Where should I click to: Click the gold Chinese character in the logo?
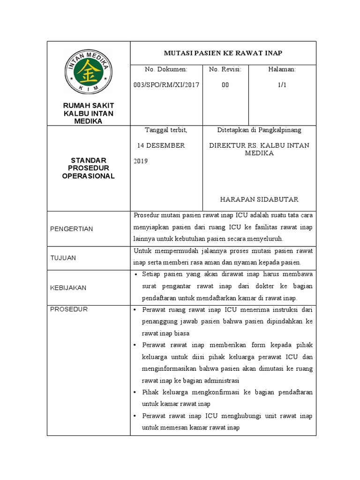coord(88,72)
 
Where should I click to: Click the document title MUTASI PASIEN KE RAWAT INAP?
coord(223,52)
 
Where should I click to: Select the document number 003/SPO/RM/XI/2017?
coord(166,85)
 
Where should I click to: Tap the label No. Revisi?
coord(225,69)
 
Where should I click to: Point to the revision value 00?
coord(225,85)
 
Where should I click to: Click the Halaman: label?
coord(282,69)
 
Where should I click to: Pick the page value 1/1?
coord(282,85)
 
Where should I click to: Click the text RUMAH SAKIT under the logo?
coord(88,106)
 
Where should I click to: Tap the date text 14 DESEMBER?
coord(161,145)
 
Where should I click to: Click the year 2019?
coord(141,161)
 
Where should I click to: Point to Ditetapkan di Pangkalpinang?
coord(259,130)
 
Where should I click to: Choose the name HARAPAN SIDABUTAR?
coord(259,200)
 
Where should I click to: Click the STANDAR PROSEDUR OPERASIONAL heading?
coord(88,168)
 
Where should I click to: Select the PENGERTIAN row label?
coord(71,229)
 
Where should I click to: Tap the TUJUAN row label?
coord(63,258)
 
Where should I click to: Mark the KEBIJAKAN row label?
coord(68,288)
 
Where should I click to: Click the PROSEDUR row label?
coord(68,309)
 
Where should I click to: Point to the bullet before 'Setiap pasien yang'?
coord(136,274)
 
